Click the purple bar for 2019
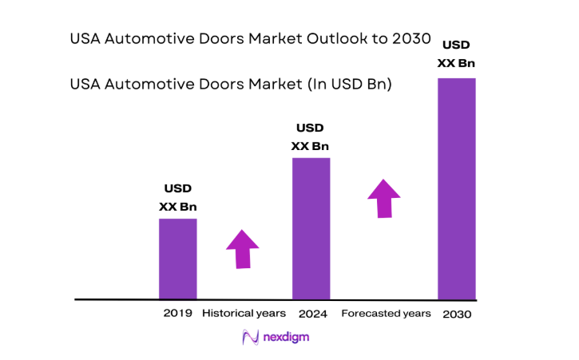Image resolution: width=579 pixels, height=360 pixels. click(x=177, y=259)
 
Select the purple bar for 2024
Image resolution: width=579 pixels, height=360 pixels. click(x=311, y=228)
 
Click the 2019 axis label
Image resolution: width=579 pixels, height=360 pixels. click(x=176, y=313)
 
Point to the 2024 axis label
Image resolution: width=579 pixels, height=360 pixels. click(x=311, y=314)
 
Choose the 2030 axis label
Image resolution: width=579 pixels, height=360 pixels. click(x=456, y=315)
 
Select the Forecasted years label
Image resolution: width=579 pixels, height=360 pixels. click(x=387, y=313)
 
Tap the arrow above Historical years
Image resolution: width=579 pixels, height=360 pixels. click(x=243, y=249)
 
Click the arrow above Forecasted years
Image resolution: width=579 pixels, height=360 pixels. click(x=384, y=198)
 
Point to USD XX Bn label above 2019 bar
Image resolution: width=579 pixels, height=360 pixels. click(x=177, y=198)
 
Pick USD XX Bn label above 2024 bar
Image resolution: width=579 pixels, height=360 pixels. click(x=310, y=136)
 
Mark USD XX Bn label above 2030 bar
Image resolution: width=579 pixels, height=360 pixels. click(x=456, y=53)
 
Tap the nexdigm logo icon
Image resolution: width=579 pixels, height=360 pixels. click(x=251, y=338)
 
